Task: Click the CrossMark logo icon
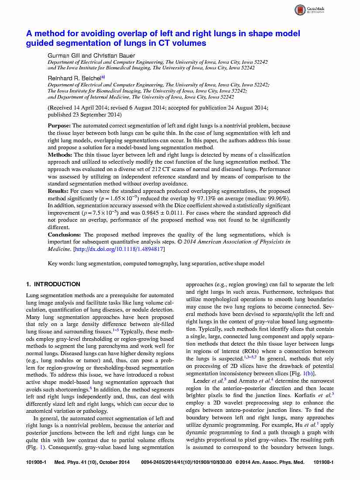(300, 10)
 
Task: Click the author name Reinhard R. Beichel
(74, 78)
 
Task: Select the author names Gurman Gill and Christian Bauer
(91, 55)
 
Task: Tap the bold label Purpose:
(59, 126)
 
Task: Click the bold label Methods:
(60, 155)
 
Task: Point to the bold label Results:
(58, 191)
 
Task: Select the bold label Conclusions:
(65, 235)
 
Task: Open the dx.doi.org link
(119, 249)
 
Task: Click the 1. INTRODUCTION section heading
(53, 285)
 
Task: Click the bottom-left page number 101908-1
(36, 462)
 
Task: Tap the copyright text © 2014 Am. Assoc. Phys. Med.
(270, 462)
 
